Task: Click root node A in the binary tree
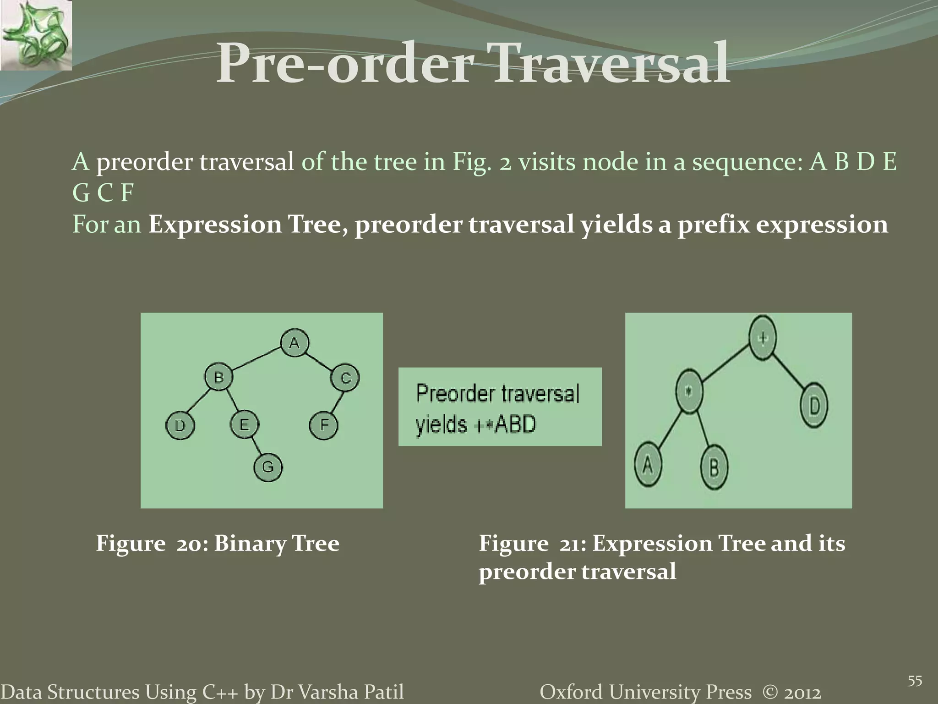[x=294, y=342]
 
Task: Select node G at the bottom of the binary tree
[x=268, y=467]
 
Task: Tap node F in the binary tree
[x=324, y=425]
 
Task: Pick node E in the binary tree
[x=244, y=424]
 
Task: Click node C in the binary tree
[x=345, y=378]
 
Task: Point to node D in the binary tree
[x=180, y=426]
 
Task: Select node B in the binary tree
[x=218, y=377]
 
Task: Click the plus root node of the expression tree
[x=763, y=338]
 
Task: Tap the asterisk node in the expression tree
[x=690, y=392]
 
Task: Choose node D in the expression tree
[x=814, y=406]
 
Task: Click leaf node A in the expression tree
[x=648, y=465]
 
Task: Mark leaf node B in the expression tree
[x=714, y=468]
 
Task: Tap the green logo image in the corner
[x=36, y=35]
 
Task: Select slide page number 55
[x=915, y=681]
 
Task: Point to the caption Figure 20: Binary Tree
[x=218, y=544]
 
